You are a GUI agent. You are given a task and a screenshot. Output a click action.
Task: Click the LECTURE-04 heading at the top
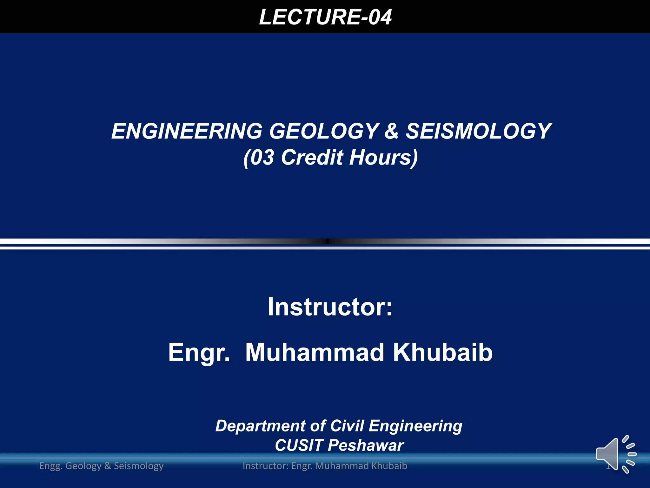tap(325, 17)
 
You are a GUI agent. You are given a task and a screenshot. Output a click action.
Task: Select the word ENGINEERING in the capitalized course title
tap(187, 131)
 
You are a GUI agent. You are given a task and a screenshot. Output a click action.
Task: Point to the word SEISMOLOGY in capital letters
tap(479, 131)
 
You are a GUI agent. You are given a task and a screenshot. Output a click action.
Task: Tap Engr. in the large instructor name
tap(199, 353)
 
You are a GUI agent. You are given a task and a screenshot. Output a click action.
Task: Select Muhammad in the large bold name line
tap(315, 353)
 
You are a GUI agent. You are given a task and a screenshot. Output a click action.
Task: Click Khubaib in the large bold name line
tap(443, 353)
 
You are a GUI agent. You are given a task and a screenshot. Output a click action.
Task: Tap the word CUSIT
tap(299, 445)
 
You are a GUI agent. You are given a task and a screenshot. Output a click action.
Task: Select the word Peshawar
tap(366, 445)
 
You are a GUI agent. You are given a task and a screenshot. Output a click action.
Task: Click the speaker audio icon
tap(614, 454)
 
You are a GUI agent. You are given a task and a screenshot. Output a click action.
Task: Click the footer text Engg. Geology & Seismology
tap(101, 466)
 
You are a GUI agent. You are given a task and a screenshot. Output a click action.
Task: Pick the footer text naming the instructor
tap(325, 466)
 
